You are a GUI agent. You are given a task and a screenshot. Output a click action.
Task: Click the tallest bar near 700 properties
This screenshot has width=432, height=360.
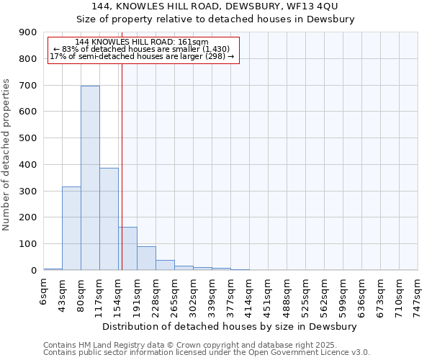click(x=90, y=178)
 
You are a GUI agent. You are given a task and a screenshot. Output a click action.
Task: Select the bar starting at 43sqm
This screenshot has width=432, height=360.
click(x=71, y=228)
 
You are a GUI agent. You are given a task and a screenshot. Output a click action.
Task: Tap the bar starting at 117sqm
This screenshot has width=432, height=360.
click(x=109, y=219)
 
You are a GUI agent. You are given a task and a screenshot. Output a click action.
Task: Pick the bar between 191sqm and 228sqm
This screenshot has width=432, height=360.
click(x=146, y=258)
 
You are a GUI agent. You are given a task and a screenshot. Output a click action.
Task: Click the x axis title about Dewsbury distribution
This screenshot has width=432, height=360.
click(x=230, y=326)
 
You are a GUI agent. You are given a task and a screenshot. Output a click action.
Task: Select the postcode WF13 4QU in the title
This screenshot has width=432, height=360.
click(x=297, y=6)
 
